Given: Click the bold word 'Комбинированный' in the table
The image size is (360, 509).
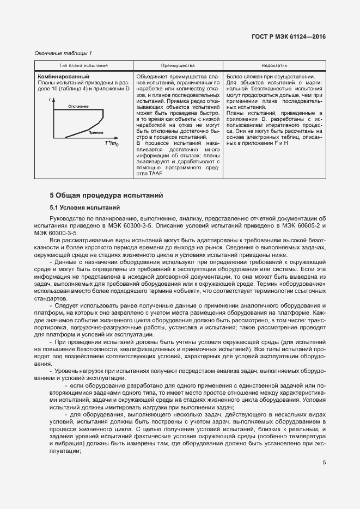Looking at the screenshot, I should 64,76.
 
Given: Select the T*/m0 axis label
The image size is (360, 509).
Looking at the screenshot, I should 112,143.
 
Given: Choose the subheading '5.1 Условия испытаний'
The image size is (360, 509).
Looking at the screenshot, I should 84,207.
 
